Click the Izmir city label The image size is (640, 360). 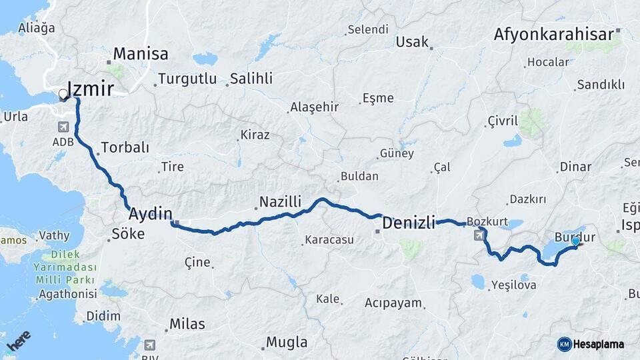[90, 89]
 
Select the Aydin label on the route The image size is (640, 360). [150, 214]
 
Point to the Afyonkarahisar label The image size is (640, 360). [554, 34]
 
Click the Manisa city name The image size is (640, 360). [141, 54]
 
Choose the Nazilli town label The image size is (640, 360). [281, 201]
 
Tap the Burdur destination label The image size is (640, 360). [575, 237]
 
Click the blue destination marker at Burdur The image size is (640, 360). [576, 241]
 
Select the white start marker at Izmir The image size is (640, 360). [64, 95]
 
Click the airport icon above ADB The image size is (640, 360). [63, 127]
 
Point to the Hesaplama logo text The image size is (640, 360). [599, 344]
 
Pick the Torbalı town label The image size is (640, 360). [125, 148]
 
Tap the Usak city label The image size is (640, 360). [412, 42]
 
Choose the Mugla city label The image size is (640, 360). [287, 343]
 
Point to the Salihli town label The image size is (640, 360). [251, 79]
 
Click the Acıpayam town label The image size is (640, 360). [393, 303]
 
